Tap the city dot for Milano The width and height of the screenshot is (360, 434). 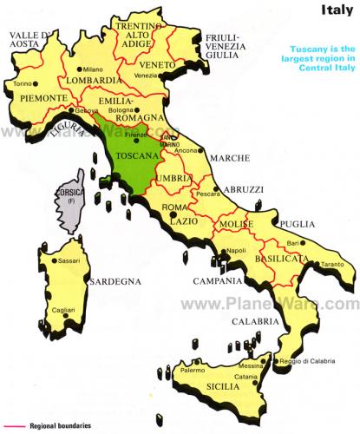coord(79,69)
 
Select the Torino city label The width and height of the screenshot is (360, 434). coord(21,84)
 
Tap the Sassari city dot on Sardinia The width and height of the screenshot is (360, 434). coord(54,260)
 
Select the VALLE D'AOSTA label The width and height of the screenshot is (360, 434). coord(27,41)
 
